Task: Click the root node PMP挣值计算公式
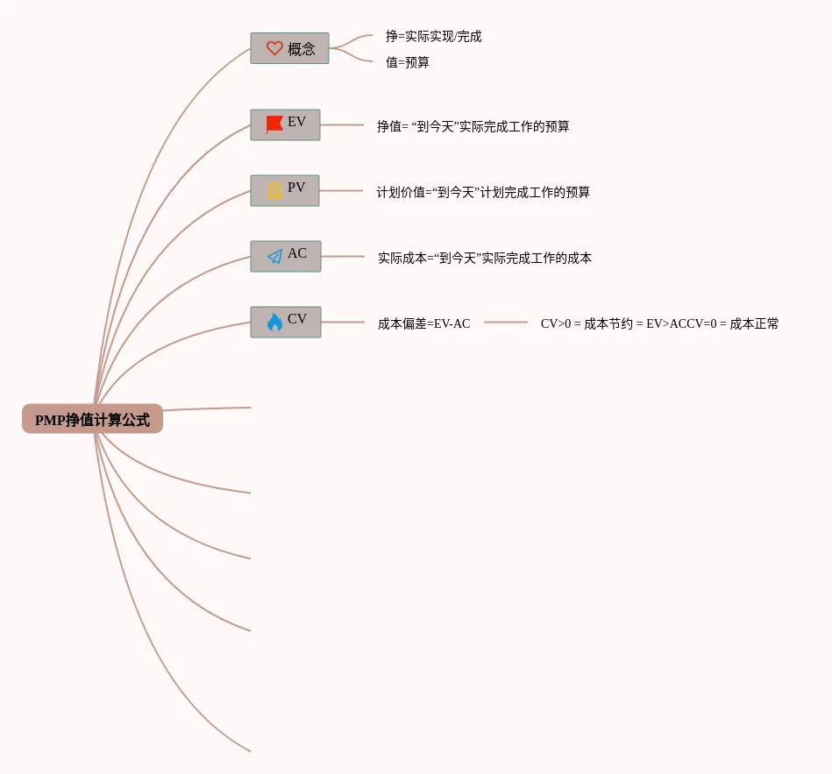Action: (x=92, y=419)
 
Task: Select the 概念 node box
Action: (x=289, y=48)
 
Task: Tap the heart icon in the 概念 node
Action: (x=274, y=48)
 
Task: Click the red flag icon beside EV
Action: (x=274, y=124)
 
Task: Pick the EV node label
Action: (x=297, y=122)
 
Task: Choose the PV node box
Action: (x=285, y=190)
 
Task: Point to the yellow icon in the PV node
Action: (x=274, y=190)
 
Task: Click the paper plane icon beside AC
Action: (x=274, y=256)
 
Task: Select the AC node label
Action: (x=297, y=253)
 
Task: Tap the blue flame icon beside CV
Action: (x=274, y=322)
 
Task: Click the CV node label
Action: (x=297, y=319)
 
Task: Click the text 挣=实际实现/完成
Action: (x=433, y=37)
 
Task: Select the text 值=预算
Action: (x=408, y=63)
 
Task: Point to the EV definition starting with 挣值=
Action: (x=473, y=126)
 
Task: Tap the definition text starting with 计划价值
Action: (x=483, y=192)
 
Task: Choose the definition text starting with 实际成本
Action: (x=485, y=258)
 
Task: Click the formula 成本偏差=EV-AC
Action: (x=423, y=323)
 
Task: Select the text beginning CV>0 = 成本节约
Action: (x=659, y=323)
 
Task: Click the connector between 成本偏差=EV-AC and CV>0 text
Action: (x=506, y=323)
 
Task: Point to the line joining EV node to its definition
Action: (x=342, y=125)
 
